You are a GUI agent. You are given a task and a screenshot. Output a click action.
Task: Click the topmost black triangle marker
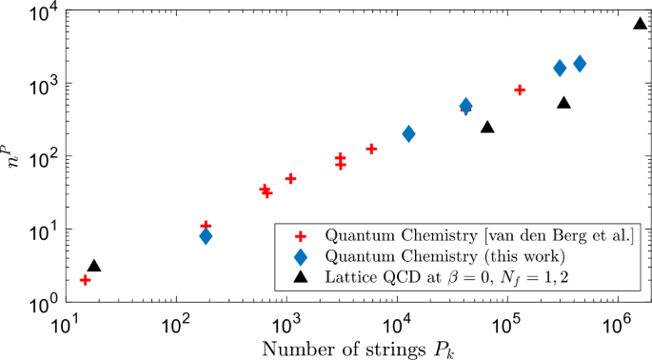tap(641, 24)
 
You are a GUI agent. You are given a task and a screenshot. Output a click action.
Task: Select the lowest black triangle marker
tap(93, 267)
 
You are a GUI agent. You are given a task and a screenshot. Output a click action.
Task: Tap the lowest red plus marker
tap(86, 280)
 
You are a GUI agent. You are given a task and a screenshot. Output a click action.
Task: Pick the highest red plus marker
tap(520, 90)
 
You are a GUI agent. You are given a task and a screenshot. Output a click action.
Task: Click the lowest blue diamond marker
tap(206, 236)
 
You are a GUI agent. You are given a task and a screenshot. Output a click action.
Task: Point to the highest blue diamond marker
tap(580, 64)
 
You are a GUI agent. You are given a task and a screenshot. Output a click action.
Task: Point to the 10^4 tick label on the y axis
tap(41, 13)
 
